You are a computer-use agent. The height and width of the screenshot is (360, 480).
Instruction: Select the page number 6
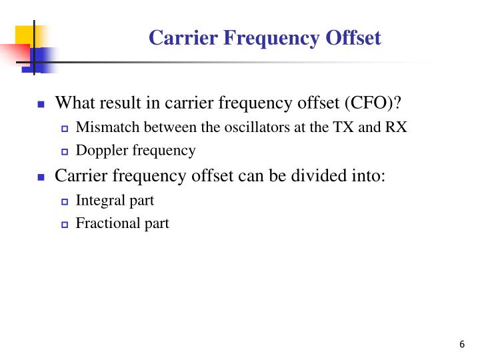(462, 344)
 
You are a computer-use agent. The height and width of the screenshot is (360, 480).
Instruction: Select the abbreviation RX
(395, 127)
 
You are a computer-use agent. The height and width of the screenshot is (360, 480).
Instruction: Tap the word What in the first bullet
(73, 103)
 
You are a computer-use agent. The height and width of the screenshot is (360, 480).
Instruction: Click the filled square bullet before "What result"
(41, 105)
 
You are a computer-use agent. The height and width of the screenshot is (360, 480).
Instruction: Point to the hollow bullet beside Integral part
(65, 201)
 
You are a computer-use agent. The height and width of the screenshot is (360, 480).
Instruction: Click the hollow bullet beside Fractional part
(65, 225)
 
